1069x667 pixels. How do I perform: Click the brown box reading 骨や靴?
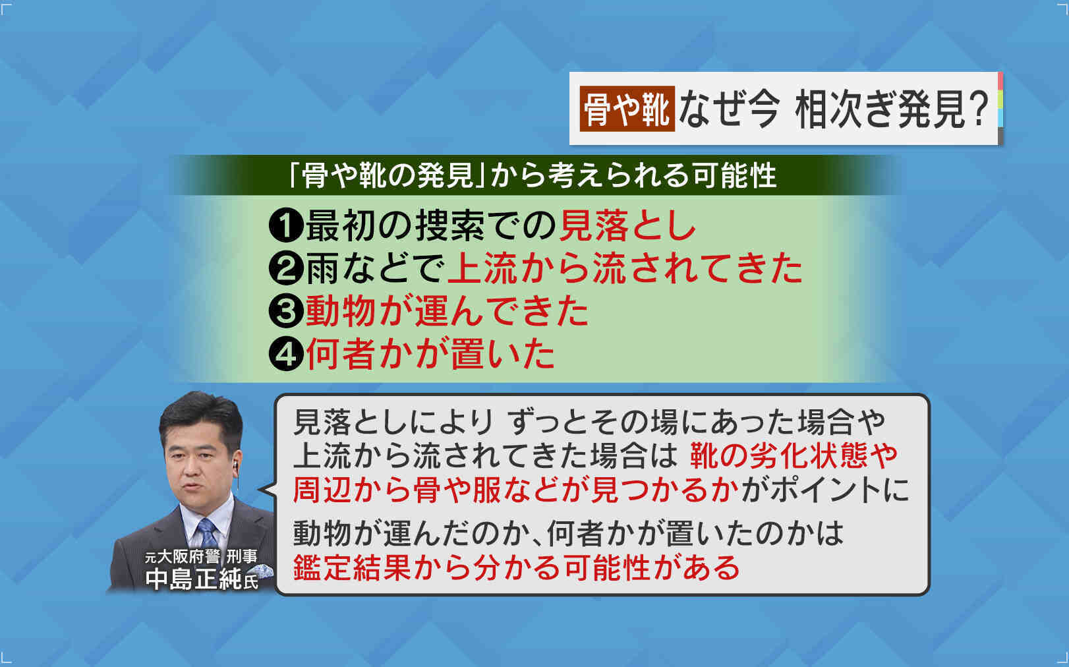click(627, 109)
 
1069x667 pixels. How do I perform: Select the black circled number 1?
click(286, 226)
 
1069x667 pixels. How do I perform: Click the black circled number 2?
click(286, 269)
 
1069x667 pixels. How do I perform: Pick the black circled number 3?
click(286, 311)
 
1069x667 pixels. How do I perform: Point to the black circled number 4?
click(286, 353)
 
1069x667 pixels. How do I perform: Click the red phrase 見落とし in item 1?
click(627, 225)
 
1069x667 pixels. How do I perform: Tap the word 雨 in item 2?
click(323, 269)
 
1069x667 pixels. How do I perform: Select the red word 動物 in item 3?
click(341, 311)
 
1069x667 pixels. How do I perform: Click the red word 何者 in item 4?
click(341, 353)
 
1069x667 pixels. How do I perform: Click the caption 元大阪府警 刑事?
click(201, 556)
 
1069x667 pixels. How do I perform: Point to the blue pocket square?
click(262, 570)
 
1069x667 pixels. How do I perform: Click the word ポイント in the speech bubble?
click(820, 490)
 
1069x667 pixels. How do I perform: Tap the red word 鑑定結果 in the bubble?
click(352, 567)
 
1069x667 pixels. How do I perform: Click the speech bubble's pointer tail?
click(268, 489)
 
